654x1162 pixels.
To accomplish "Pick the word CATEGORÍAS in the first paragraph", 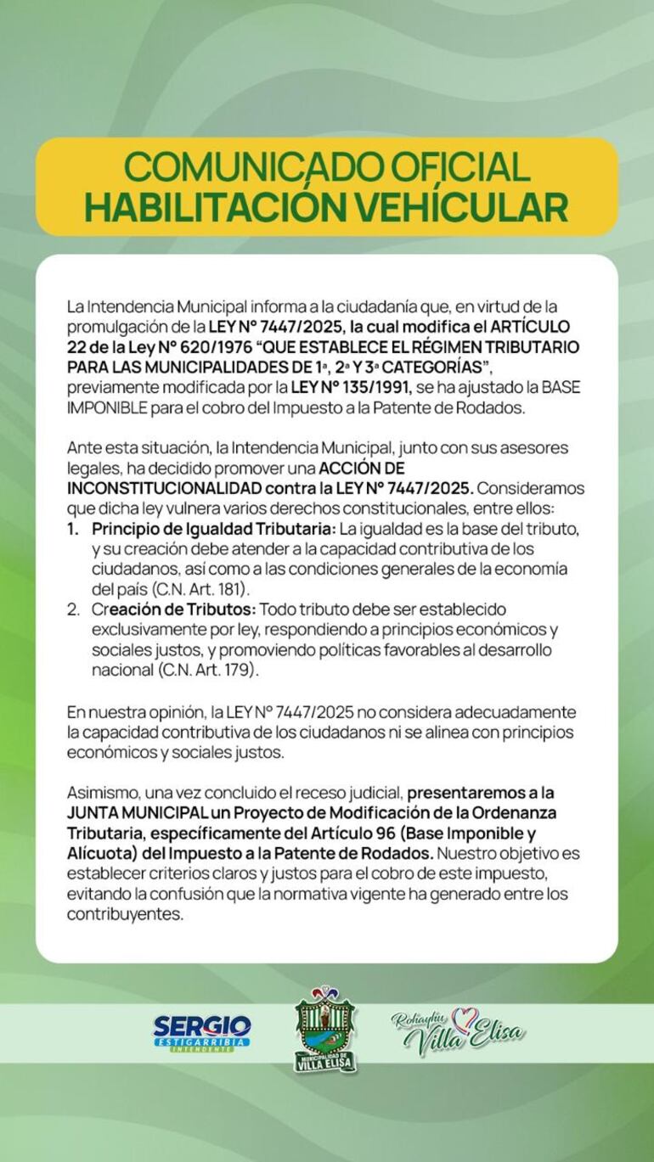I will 432,368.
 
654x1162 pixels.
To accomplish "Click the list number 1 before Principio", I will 74,529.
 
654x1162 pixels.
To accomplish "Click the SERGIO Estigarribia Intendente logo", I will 202,1032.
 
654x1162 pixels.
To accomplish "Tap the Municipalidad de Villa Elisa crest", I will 325,1030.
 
